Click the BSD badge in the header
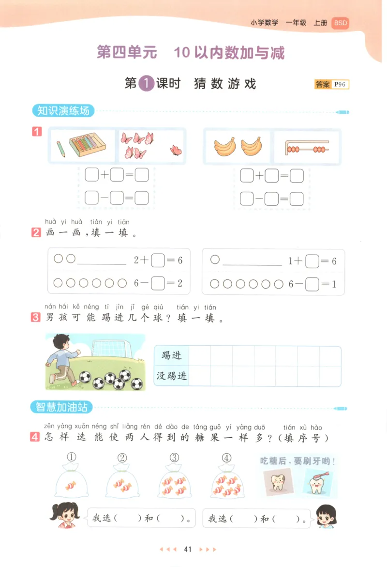340,23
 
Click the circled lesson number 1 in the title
146,84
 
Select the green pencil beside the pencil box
60,149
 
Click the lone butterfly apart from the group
177,150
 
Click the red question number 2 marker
36,232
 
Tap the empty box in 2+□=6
158,261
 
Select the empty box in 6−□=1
312,284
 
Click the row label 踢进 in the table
171,356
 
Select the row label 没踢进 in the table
171,375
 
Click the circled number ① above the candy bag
72,457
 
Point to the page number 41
188,549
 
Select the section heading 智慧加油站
61,407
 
